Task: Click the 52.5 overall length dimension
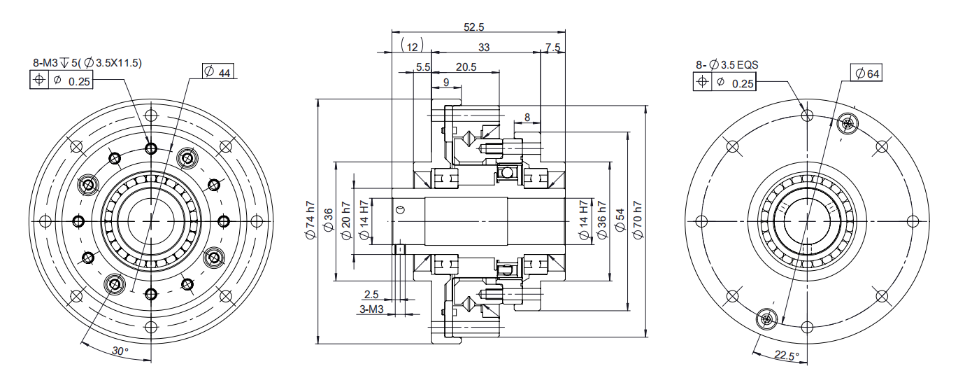(473, 27)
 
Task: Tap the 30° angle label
(120, 351)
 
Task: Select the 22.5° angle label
(786, 356)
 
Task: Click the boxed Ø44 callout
(218, 71)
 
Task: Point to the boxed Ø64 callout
(866, 73)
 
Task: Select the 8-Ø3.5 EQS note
(727, 64)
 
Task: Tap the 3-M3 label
(371, 309)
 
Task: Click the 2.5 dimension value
(371, 294)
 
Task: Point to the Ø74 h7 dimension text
(310, 220)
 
